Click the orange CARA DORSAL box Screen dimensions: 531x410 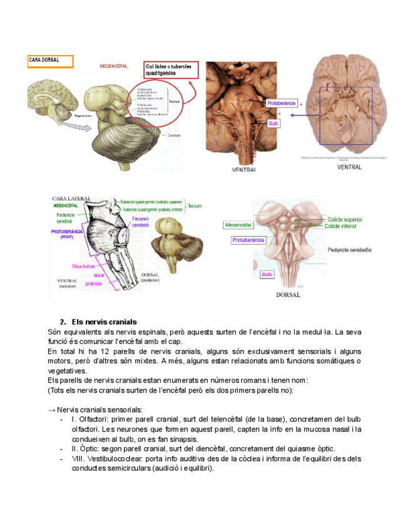(x=50, y=61)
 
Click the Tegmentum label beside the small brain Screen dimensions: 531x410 (x=83, y=116)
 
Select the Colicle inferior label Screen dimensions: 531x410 (x=341, y=226)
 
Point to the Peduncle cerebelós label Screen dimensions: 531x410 (x=349, y=249)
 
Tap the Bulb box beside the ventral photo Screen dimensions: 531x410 (x=274, y=124)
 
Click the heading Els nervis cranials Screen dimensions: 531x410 (x=104, y=322)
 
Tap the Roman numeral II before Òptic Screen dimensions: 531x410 (x=74, y=448)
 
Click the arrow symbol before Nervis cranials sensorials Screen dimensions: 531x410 (x=51, y=409)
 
